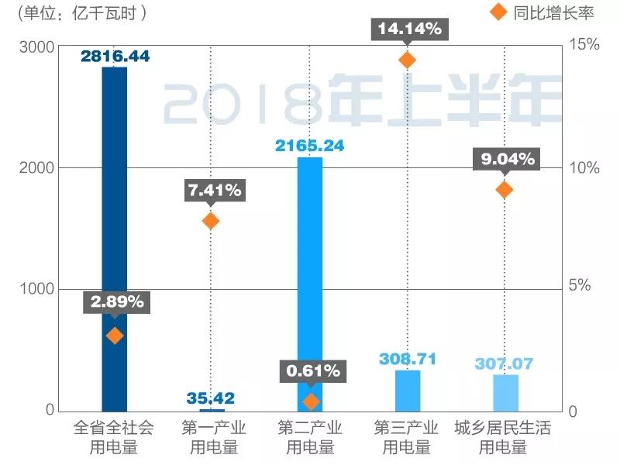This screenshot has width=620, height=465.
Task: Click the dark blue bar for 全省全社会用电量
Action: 115,232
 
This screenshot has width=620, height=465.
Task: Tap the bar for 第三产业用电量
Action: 408,391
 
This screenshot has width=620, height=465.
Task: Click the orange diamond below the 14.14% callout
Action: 407,60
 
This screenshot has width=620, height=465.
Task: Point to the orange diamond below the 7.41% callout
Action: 211,222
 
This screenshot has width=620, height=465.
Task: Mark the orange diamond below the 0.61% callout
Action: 311,401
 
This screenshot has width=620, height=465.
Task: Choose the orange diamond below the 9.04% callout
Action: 505,190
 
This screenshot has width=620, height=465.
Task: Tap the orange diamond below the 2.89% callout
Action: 115,336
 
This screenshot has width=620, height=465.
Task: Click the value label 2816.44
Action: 115,57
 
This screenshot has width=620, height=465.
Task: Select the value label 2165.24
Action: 309,146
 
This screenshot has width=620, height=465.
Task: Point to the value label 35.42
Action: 210,399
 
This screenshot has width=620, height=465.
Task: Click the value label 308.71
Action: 408,359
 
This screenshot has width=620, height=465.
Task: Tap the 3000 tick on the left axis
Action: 36,47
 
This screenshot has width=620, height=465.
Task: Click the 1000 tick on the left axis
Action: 36,289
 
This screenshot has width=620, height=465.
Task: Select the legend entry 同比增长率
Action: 542,12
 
